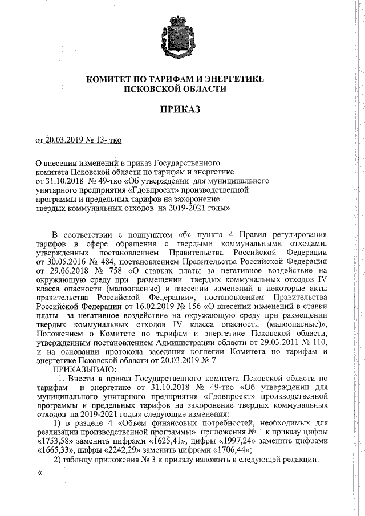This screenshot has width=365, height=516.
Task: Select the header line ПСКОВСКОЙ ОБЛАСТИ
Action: click(x=175, y=89)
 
